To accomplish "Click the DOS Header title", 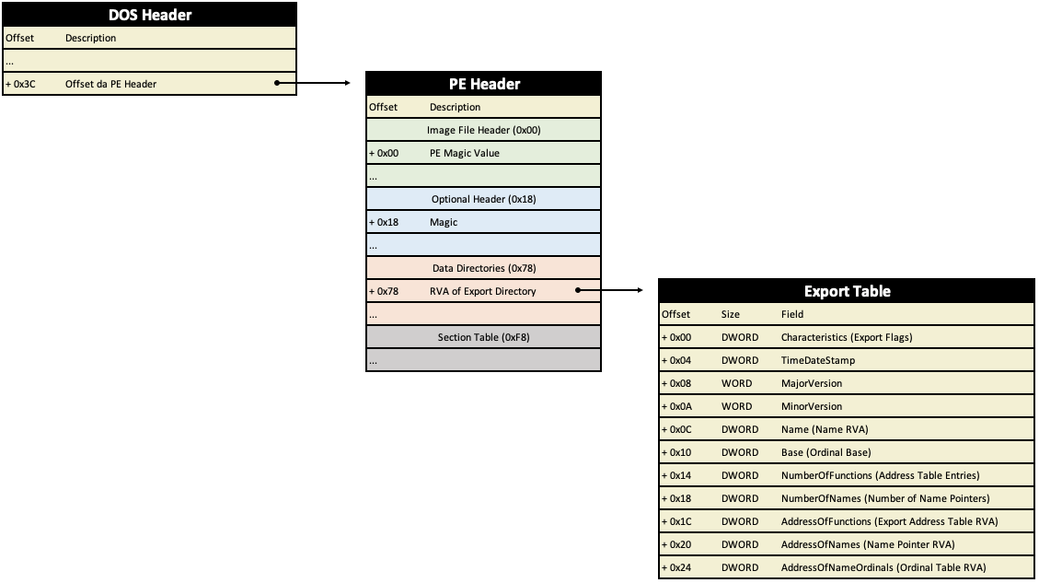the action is [x=150, y=15].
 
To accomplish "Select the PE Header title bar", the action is [x=484, y=84].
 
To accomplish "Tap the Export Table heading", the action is [x=847, y=291].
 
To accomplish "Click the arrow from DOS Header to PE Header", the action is [x=313, y=83].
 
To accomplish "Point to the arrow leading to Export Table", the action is [x=609, y=290].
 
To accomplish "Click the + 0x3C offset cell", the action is [x=20, y=84].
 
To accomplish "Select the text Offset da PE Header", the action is [x=110, y=84].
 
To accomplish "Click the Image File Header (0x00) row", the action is [x=484, y=130].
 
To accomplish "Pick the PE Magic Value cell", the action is [x=465, y=153].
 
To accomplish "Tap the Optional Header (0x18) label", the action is [x=484, y=199].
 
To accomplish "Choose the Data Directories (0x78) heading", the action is [x=484, y=268].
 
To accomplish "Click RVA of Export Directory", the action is [x=482, y=291].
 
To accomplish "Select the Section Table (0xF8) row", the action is [x=484, y=337].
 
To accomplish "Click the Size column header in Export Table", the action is [x=730, y=314].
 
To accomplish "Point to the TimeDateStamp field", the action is [x=818, y=360].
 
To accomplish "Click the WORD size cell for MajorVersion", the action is [x=736, y=383].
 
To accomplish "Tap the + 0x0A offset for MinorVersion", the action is [x=675, y=406].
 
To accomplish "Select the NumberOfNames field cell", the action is [x=885, y=499].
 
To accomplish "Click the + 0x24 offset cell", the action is [x=675, y=567].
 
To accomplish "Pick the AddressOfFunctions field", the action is [x=889, y=521].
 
